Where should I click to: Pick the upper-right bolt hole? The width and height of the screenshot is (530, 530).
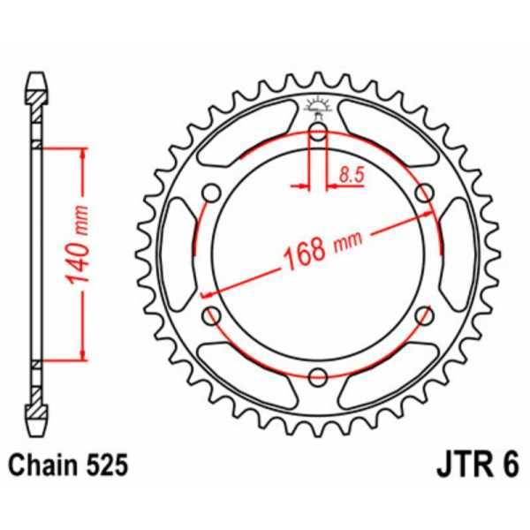tap(427, 193)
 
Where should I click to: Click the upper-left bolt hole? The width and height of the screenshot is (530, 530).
tap(211, 193)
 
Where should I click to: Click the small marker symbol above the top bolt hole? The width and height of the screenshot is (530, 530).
tap(319, 109)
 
